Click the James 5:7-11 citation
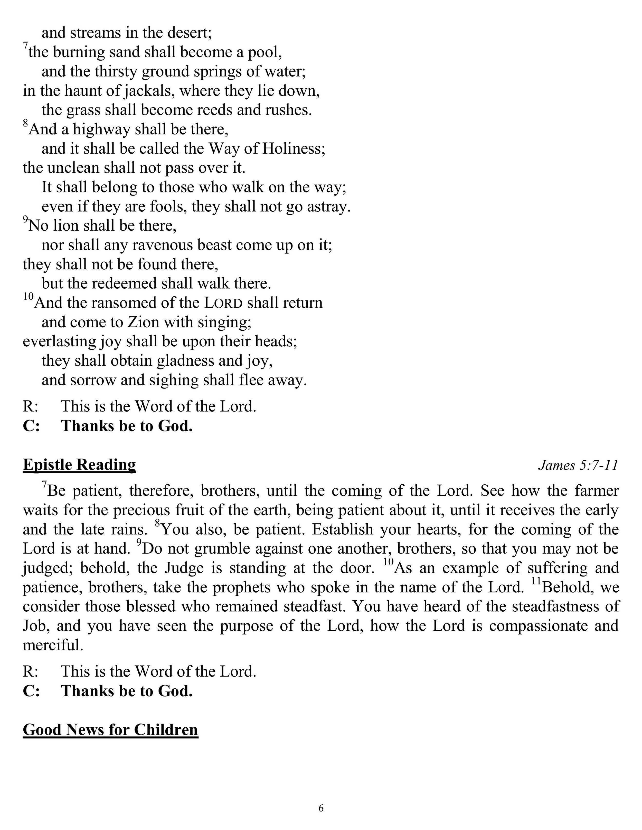click(x=578, y=465)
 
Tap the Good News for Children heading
click(x=110, y=730)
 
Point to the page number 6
click(x=321, y=808)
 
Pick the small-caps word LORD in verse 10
click(x=223, y=303)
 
